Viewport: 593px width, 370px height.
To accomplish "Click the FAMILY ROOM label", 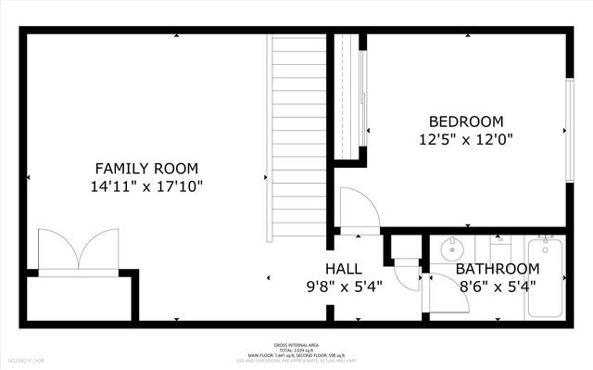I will (x=146, y=168).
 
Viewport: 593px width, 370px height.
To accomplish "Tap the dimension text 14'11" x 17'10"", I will (x=146, y=185).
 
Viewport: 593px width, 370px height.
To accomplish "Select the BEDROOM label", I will (x=465, y=121).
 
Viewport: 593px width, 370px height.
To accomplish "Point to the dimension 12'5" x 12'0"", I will (x=465, y=139).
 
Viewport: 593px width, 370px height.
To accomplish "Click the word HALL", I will (x=343, y=268).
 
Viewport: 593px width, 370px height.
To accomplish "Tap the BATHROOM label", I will (x=497, y=269).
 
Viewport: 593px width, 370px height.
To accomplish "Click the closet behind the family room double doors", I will (x=79, y=297).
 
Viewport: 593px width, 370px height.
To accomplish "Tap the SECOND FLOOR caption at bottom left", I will (x=20, y=359).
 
